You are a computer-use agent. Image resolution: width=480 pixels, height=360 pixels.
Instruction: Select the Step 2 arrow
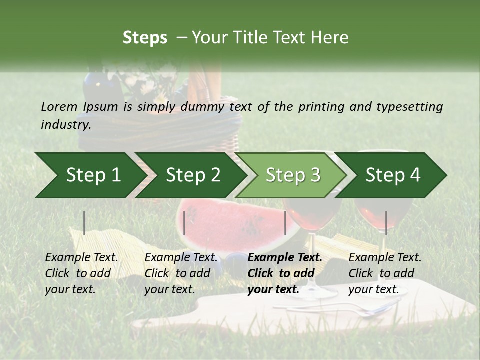(193, 175)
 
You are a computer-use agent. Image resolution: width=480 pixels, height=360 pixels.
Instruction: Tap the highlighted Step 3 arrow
(293, 175)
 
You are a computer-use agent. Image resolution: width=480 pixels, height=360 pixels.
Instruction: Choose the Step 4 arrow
(393, 175)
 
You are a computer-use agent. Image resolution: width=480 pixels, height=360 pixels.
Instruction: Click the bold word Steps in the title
(145, 38)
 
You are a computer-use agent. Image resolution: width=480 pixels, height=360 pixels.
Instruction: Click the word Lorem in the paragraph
(59, 106)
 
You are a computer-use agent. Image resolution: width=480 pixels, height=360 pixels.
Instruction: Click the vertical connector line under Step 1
(84, 223)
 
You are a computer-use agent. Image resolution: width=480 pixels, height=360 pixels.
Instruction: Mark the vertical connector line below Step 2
(184, 223)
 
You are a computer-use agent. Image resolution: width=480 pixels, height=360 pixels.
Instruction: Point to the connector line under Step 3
(285, 223)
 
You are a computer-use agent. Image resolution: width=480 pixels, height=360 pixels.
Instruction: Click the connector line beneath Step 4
(386, 223)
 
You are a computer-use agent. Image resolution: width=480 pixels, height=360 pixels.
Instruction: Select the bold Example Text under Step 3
(285, 258)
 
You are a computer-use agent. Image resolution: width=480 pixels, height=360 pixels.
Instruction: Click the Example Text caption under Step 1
(81, 258)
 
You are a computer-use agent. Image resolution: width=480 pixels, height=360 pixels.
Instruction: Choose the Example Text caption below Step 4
(385, 258)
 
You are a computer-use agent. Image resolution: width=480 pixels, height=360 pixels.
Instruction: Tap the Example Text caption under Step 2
(181, 258)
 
